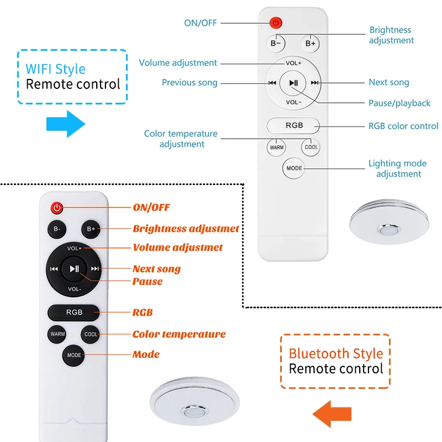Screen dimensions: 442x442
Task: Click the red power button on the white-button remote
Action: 276,23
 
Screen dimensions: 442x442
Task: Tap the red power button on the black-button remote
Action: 57,208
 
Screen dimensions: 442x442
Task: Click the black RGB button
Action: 74,312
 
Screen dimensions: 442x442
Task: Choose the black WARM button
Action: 57,334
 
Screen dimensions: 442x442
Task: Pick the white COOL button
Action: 311,147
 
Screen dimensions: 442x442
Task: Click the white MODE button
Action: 293,168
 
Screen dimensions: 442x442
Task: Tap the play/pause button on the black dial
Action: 74,269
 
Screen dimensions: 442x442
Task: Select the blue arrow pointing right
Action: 65,123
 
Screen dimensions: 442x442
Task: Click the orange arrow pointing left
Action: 333,413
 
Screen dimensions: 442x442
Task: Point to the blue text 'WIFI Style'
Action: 55,69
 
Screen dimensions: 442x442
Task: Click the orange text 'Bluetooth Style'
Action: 336,354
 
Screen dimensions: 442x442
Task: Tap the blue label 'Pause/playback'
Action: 399,103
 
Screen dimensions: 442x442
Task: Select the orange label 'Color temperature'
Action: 179,334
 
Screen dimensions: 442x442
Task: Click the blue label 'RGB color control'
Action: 403,125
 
